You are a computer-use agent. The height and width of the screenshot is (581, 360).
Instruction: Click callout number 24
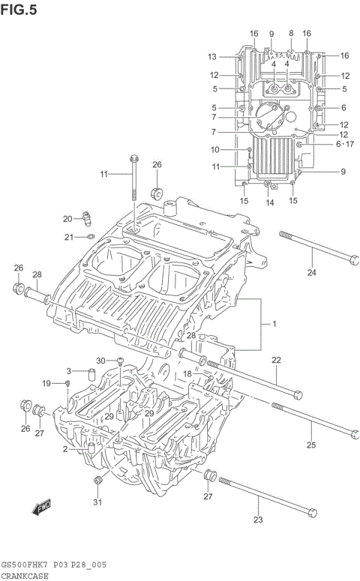pyautogui.click(x=311, y=272)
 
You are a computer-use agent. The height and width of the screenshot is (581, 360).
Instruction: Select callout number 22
pyautogui.click(x=276, y=361)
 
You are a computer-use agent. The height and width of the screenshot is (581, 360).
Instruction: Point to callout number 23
pyautogui.click(x=259, y=520)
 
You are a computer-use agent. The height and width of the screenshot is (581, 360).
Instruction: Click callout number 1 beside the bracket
pyautogui.click(x=274, y=324)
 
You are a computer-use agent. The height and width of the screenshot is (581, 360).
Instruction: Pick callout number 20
pyautogui.click(x=67, y=219)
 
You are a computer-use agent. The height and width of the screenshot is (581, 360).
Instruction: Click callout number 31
pyautogui.click(x=96, y=502)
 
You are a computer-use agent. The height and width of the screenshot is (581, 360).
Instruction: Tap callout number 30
pyautogui.click(x=101, y=361)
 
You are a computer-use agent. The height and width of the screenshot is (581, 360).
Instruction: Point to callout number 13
pyautogui.click(x=212, y=57)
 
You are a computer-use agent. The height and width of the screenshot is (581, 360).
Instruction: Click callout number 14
pyautogui.click(x=270, y=202)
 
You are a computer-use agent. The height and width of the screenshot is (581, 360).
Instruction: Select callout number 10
pyautogui.click(x=214, y=149)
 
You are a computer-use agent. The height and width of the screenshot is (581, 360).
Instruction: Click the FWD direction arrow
pyautogui.click(x=41, y=508)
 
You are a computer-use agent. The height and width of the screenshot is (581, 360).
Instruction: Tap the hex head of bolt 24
pyautogui.click(x=352, y=260)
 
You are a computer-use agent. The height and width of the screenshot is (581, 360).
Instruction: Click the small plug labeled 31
pyautogui.click(x=96, y=480)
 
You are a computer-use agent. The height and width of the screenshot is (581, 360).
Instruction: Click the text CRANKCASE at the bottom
pyautogui.click(x=25, y=576)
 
